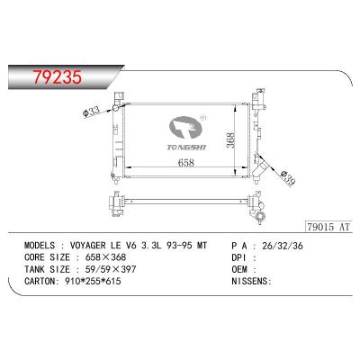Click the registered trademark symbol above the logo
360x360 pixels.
pyautogui.click(x=202, y=117)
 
